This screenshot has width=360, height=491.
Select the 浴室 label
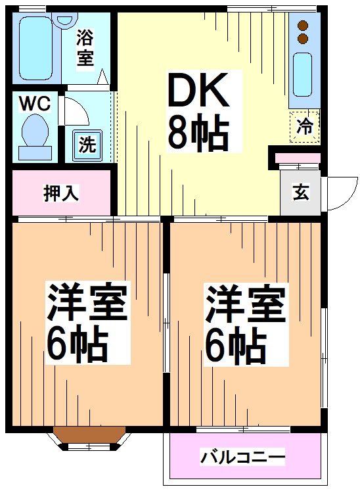point(85,47)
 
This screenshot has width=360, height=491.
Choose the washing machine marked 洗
point(86,144)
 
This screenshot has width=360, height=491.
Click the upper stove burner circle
point(303,26)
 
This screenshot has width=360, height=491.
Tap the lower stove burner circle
point(303,39)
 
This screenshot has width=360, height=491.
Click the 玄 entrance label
point(300,194)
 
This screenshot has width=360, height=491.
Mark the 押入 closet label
point(61,193)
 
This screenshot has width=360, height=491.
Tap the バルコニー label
point(243,456)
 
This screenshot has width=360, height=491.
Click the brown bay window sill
point(89,434)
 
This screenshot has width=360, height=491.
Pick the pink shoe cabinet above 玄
point(298,158)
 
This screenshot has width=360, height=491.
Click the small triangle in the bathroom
point(102,78)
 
